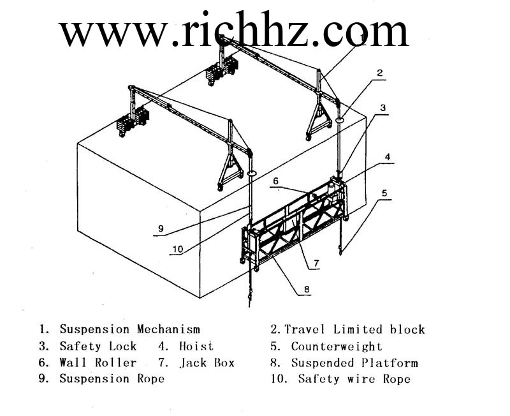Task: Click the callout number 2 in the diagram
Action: (380, 73)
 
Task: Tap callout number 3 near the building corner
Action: (383, 108)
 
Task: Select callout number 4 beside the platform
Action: (387, 156)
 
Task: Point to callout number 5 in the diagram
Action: (384, 192)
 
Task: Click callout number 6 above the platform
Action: (276, 181)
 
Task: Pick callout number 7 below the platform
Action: (316, 262)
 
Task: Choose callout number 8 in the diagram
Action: (307, 288)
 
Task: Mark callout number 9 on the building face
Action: (161, 228)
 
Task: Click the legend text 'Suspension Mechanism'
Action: (129, 329)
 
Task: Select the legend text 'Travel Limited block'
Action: (354, 329)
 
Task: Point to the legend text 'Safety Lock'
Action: (98, 346)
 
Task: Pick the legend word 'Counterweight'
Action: (336, 346)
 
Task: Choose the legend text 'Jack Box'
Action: (207, 362)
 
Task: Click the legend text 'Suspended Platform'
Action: (354, 362)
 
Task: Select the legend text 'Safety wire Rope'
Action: (354, 379)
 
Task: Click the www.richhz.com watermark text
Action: (233, 31)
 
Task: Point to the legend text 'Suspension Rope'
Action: (112, 378)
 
